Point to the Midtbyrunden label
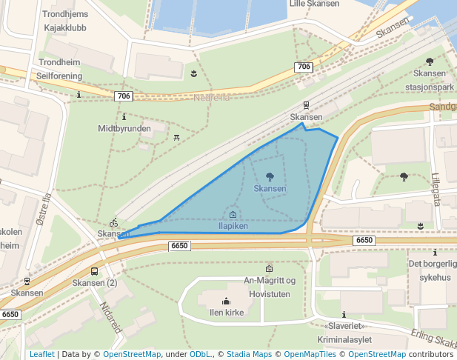pos(124,128)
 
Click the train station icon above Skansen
pos(306,106)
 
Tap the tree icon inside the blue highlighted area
pos(270,176)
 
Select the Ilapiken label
pos(233,226)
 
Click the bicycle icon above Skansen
pos(114,222)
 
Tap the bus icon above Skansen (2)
pos(94,271)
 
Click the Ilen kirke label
pos(227,313)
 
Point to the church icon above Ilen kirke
pos(227,301)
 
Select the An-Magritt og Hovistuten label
pos(270,286)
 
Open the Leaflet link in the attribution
pos(41,354)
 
